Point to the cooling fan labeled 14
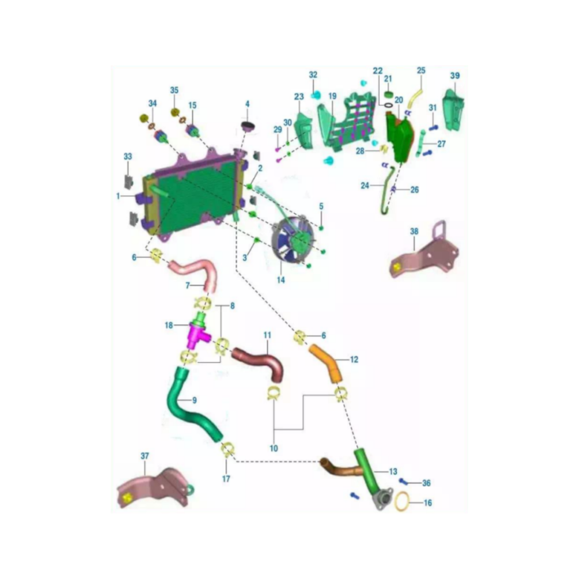(x=292, y=240)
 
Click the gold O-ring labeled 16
(x=402, y=502)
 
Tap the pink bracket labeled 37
(x=155, y=488)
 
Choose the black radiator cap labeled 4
(x=248, y=125)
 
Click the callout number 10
(x=274, y=448)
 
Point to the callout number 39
(x=455, y=75)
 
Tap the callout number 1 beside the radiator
(x=118, y=196)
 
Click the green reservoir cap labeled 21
(x=388, y=95)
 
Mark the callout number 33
(x=128, y=156)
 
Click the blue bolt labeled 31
(x=434, y=128)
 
